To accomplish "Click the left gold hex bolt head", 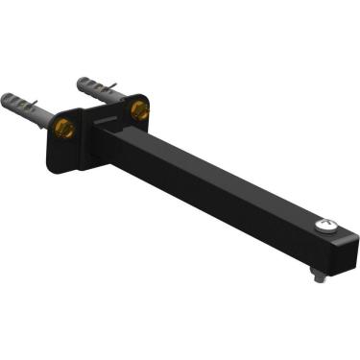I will (x=64, y=129).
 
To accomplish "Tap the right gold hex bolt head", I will (x=139, y=111).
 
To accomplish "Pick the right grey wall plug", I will (x=97, y=90).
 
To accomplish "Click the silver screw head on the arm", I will (x=326, y=228).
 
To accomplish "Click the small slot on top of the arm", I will (x=108, y=121).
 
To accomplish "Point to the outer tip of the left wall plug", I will (x=7, y=97).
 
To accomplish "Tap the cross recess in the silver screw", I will (x=326, y=228).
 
